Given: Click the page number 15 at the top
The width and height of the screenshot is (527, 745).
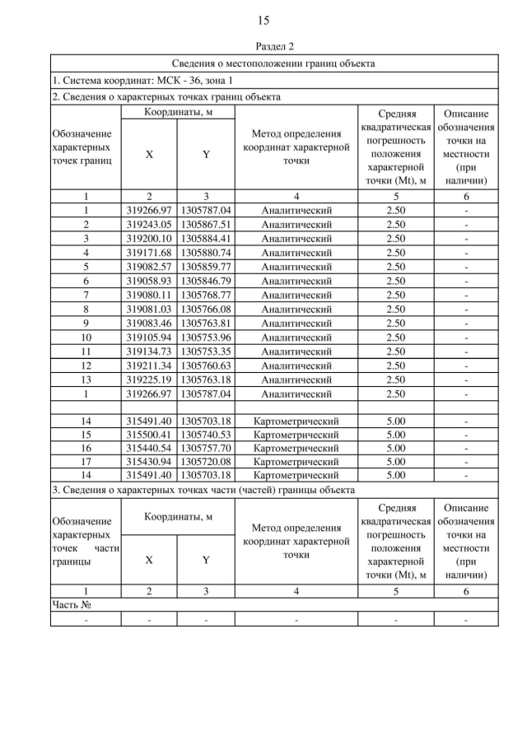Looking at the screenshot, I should click(x=263, y=20).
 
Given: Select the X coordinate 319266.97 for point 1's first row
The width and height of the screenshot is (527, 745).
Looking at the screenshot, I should click(x=149, y=211).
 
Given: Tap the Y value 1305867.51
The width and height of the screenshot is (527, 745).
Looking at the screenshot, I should click(x=206, y=223).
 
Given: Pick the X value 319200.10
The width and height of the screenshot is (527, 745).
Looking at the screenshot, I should click(x=149, y=238).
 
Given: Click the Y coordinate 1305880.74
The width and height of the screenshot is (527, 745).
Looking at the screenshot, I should click(x=206, y=252).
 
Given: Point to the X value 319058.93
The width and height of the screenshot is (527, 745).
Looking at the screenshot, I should click(x=149, y=280).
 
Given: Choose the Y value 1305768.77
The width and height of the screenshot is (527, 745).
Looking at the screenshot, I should click(x=206, y=294).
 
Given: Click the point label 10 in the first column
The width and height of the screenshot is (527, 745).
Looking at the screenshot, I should click(x=86, y=337).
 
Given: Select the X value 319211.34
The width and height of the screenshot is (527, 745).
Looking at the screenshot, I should click(x=149, y=365).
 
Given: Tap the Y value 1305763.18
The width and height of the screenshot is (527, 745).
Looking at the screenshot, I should click(x=206, y=379).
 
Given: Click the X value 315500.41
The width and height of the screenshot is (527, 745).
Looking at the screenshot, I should click(x=149, y=434).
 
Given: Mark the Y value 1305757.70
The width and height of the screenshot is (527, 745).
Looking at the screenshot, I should click(x=206, y=448).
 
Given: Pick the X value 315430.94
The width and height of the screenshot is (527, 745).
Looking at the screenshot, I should click(x=149, y=462).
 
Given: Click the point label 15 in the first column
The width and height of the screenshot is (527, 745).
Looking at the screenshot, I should click(x=86, y=434).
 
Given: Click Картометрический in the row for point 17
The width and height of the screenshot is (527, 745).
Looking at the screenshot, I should click(x=296, y=462).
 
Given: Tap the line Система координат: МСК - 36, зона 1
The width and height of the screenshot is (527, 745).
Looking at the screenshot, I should click(x=142, y=80).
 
